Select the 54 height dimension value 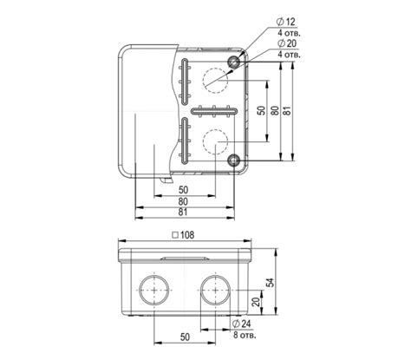[x=271, y=282]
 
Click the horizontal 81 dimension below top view [x=183, y=212]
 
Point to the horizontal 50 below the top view [x=183, y=188]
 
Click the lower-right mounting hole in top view [x=234, y=160]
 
